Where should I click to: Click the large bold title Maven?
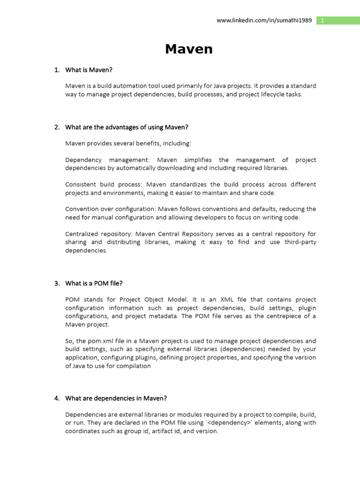(188, 49)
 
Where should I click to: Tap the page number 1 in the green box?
(322, 20)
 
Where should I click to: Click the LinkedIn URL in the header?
(264, 21)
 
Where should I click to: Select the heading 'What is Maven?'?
(89, 70)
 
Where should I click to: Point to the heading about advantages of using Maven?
(127, 127)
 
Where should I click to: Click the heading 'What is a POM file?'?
(94, 283)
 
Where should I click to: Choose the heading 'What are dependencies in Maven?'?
(116, 398)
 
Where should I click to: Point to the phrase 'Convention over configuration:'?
(110, 209)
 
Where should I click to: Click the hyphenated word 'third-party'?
(300, 242)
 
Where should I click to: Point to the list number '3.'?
(57, 283)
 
